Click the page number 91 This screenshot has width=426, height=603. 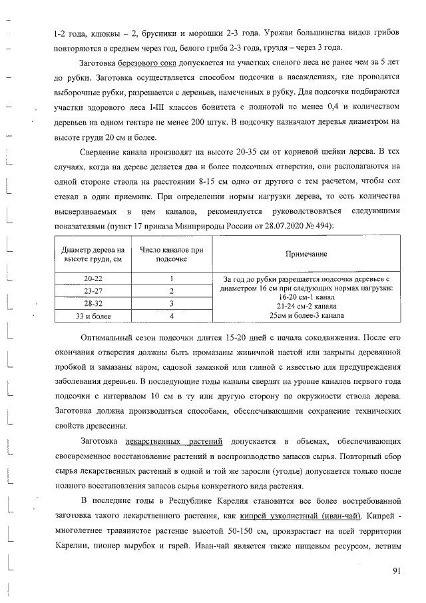click(x=397, y=570)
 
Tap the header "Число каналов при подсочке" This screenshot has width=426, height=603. click(x=172, y=255)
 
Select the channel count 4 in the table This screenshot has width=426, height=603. click(x=172, y=316)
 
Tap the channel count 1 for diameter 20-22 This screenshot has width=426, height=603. click(x=172, y=279)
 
